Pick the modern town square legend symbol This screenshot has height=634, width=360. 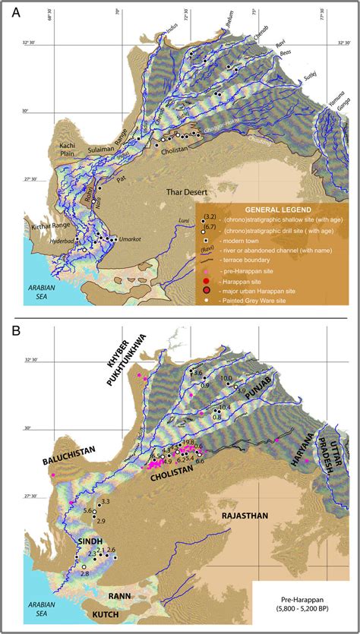[204, 239]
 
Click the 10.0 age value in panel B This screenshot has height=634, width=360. [226, 378]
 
